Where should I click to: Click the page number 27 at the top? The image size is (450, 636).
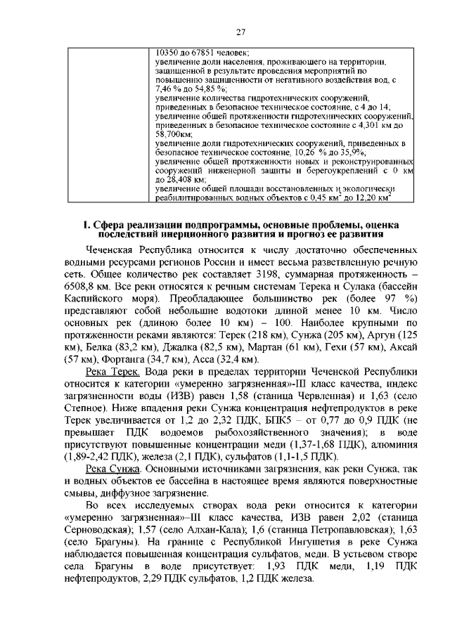(240, 32)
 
